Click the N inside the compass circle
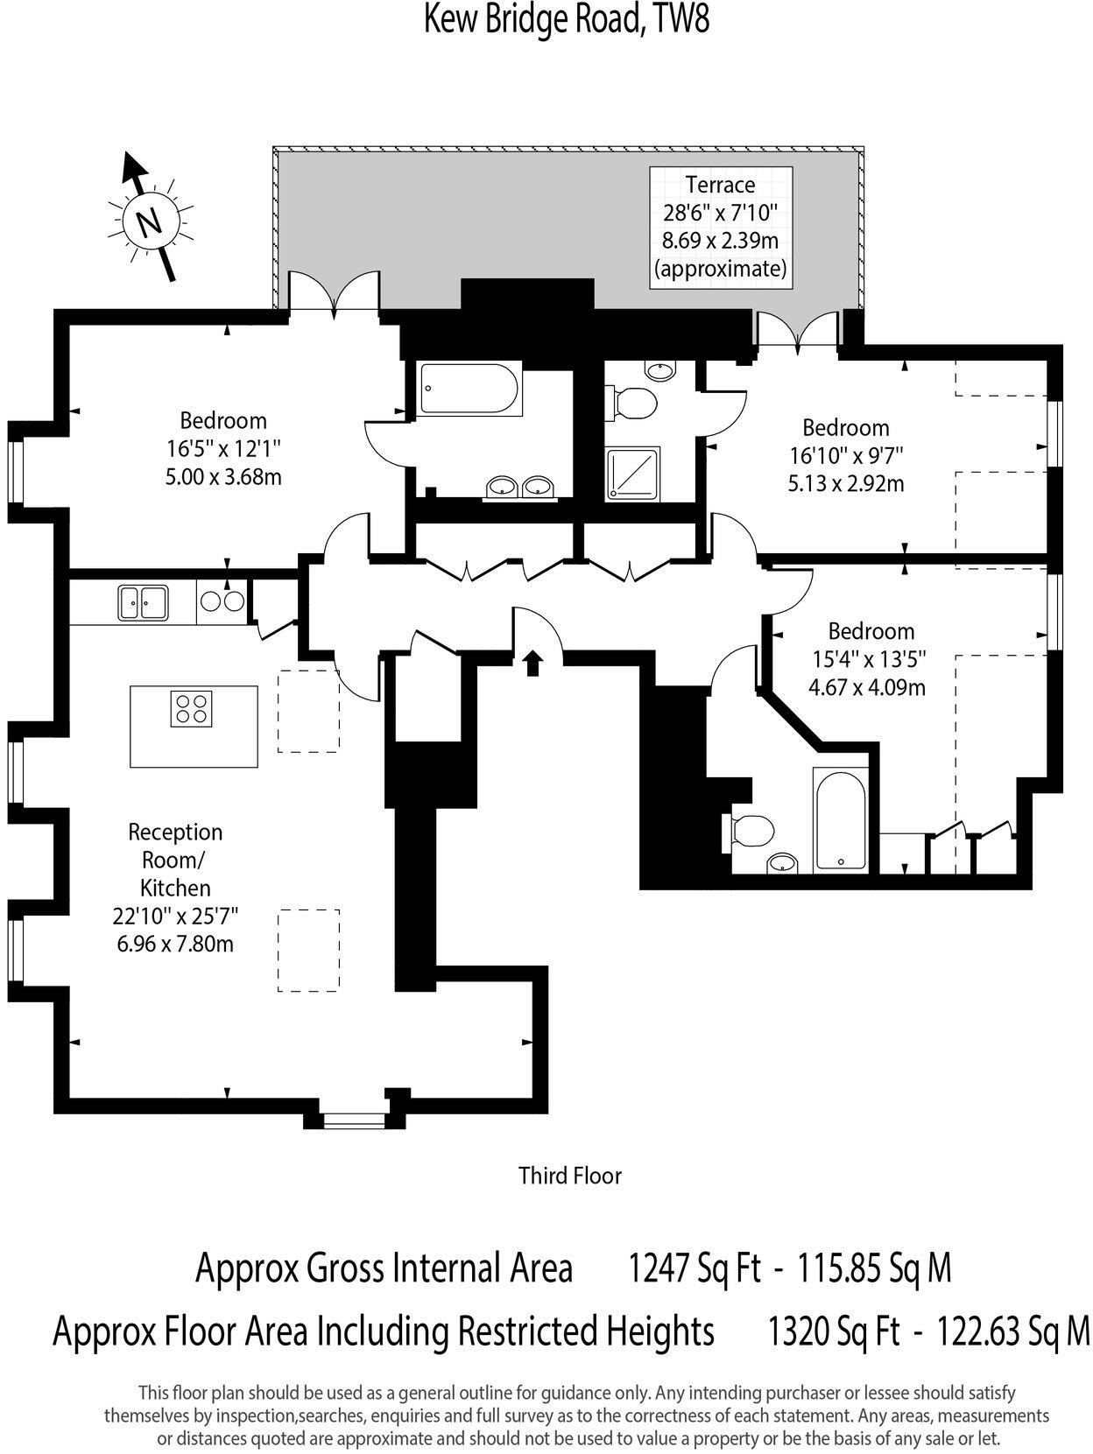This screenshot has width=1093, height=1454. point(149,221)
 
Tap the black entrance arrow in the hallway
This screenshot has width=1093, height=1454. point(532,663)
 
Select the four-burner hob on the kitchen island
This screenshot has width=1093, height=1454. point(191,708)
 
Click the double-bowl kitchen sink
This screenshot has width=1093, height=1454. point(143,601)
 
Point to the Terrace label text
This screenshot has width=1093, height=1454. point(720,185)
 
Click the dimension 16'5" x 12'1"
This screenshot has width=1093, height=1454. point(223,449)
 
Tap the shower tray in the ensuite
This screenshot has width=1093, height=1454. point(634,474)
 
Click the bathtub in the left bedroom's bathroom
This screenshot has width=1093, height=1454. point(470,389)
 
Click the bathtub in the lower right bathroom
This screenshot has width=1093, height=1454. point(839,820)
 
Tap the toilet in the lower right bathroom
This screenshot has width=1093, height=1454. point(750,829)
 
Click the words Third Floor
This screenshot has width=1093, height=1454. point(569,1175)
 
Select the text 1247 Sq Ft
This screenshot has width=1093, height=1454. point(695,1268)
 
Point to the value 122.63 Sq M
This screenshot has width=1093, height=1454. point(1013,1331)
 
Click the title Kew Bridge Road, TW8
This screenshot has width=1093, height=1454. point(567,19)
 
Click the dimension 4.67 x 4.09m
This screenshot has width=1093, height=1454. point(866,687)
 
